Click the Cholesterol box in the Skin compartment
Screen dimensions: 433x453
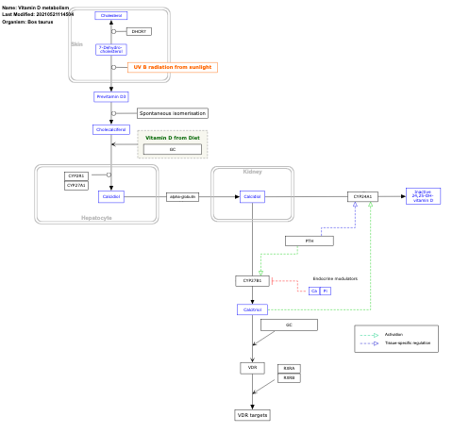click(111, 16)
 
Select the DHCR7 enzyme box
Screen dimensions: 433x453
click(139, 32)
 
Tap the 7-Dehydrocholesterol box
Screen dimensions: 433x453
click(111, 49)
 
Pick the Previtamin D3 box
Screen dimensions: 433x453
click(111, 96)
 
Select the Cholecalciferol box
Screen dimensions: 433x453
click(111, 129)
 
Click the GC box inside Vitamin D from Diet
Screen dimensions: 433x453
click(172, 149)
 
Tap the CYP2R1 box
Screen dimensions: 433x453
click(76, 175)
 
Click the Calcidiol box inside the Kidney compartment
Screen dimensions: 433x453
click(252, 196)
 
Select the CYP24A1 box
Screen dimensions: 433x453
click(361, 196)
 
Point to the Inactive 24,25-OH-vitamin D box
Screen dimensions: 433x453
click(422, 196)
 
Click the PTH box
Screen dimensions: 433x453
click(310, 241)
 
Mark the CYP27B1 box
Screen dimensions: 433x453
click(252, 280)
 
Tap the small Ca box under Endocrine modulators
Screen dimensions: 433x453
click(314, 291)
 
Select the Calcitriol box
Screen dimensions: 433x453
click(252, 309)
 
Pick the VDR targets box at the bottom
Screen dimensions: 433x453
click(252, 415)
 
